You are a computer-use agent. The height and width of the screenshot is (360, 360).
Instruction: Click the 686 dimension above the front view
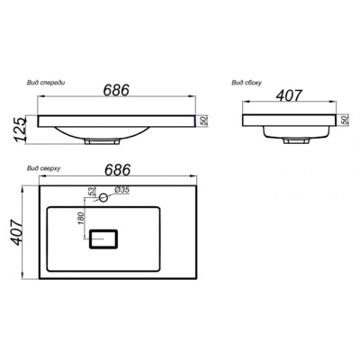(116, 89)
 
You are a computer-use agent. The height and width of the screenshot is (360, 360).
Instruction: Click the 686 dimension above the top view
(118, 170)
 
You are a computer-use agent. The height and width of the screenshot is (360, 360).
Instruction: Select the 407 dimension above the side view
(289, 95)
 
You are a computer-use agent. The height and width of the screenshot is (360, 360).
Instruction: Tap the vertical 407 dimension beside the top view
(15, 232)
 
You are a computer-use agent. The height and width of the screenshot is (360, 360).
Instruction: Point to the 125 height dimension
(20, 130)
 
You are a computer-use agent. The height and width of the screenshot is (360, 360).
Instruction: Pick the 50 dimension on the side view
(344, 120)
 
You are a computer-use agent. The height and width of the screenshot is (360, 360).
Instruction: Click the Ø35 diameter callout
(121, 190)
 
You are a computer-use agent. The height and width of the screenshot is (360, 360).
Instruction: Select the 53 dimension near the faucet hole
(92, 192)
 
